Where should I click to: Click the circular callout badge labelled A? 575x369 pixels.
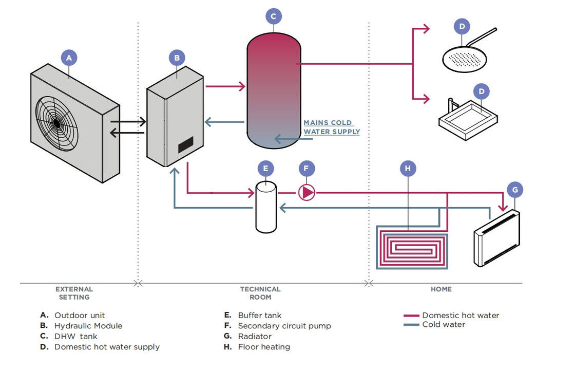[69, 58]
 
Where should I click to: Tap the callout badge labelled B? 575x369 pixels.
[177, 58]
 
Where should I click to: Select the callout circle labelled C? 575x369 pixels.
[274, 16]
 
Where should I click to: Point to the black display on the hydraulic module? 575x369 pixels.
[185, 145]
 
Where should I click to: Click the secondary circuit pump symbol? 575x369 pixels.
[307, 192]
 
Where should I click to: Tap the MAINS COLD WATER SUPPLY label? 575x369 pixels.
[331, 127]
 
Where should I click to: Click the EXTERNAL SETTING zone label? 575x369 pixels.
[74, 293]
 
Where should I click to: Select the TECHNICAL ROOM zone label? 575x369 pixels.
[260, 293]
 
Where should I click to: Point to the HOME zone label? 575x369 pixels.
[441, 289]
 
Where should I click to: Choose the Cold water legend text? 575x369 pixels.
[444, 324]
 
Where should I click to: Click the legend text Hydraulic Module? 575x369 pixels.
[88, 326]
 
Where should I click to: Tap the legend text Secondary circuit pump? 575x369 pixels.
[284, 326]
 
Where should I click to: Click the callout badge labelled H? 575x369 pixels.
[408, 169]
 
